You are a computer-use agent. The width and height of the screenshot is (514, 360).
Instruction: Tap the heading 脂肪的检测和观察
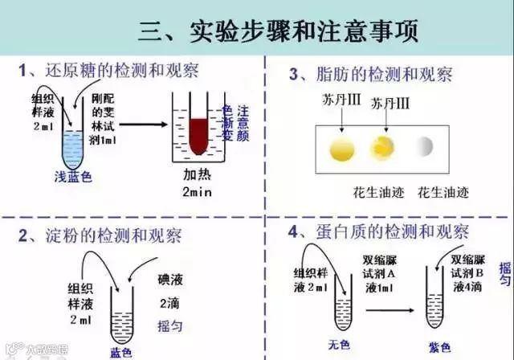click(381, 75)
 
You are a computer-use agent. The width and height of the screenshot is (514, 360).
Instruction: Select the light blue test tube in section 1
click(73, 145)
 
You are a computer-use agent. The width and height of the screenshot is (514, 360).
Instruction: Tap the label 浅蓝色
click(72, 178)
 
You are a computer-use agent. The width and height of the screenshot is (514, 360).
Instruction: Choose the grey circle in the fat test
click(423, 146)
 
